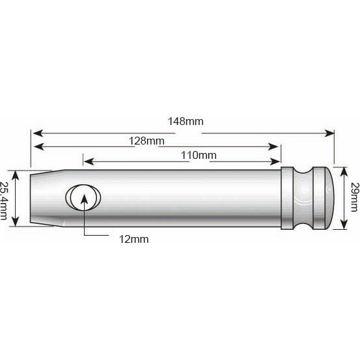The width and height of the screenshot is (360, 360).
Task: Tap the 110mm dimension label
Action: (x=199, y=155)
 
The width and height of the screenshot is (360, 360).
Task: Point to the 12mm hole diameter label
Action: (x=133, y=239)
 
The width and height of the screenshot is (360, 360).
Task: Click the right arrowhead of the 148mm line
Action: (x=330, y=132)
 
